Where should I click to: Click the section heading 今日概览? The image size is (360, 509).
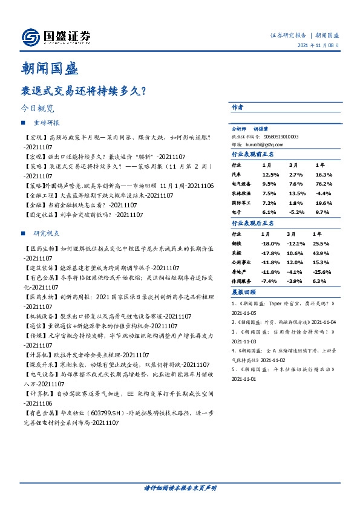38,109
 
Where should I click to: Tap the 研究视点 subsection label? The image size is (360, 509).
47,233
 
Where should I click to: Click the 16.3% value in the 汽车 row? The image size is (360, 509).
324,174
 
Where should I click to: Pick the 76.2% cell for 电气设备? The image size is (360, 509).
324,184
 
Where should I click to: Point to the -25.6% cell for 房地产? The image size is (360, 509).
322,272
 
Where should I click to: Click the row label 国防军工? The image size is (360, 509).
242,203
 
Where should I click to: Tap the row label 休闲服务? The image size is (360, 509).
242,282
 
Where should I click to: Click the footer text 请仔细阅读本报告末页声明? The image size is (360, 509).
180,488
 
